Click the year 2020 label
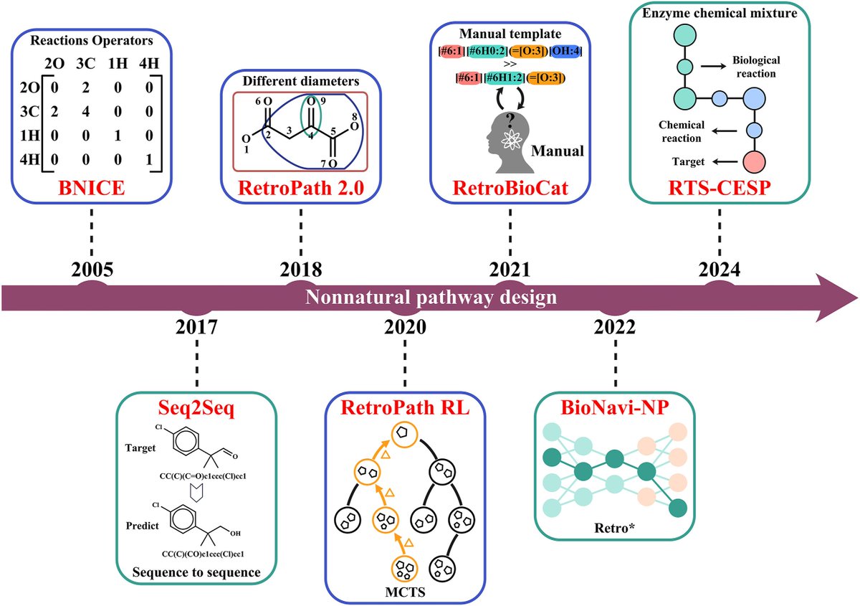(x=405, y=326)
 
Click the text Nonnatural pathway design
(x=431, y=298)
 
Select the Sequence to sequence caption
(x=196, y=572)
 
